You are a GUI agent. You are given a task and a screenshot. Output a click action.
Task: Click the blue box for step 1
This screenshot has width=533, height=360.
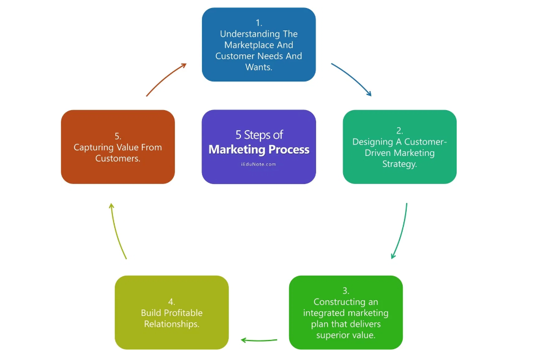point(259,45)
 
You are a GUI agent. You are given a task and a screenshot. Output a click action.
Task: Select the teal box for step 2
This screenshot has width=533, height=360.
point(399,147)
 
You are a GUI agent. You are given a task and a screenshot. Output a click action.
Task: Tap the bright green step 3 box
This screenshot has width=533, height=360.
point(345,312)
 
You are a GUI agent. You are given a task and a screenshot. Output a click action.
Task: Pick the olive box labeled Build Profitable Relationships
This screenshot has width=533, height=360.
point(172,312)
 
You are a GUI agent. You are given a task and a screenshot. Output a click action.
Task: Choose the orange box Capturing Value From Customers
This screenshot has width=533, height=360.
point(118,147)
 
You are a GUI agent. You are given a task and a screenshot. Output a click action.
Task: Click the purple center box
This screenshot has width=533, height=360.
point(259,147)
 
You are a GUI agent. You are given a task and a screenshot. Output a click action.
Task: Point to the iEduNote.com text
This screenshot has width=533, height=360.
point(259,164)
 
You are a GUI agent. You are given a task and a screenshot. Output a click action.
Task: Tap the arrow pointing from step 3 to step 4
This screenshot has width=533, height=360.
point(259,340)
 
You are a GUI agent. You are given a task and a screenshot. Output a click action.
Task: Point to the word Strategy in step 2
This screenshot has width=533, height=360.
point(399,164)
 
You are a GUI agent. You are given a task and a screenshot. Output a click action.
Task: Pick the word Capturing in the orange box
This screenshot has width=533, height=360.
point(93,147)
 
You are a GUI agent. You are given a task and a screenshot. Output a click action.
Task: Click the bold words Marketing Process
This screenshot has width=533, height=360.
point(259,150)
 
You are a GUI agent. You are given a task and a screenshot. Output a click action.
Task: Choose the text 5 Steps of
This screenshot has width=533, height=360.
point(259,135)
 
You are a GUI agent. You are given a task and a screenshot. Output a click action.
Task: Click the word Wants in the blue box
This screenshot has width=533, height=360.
point(258,67)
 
